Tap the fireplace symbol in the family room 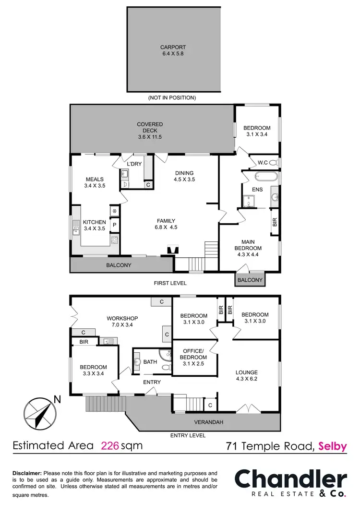(172, 250)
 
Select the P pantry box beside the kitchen (115, 225)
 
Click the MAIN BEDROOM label (248, 245)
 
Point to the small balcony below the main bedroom (250, 280)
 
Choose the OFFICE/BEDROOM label (193, 354)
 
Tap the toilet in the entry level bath (166, 367)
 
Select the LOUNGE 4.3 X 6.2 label (247, 375)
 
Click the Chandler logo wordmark (290, 480)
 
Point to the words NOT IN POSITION (172, 97)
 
